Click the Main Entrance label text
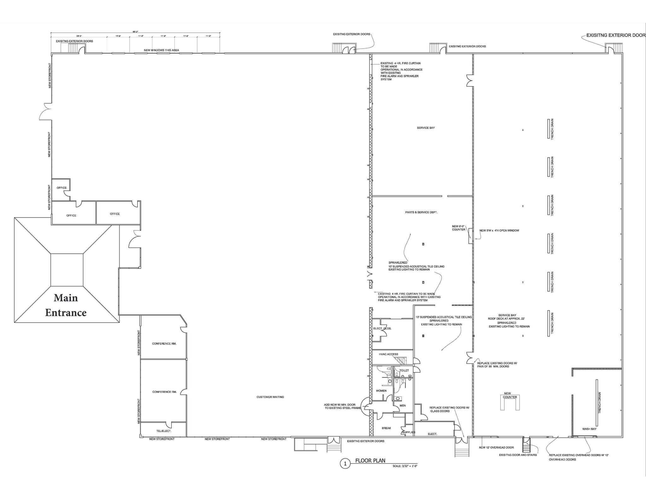pyautogui.click(x=66, y=305)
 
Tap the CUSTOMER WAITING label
pyautogui.click(x=270, y=397)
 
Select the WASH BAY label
pyautogui.click(x=589, y=429)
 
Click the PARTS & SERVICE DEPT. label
pyautogui.click(x=421, y=212)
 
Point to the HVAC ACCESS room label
pyautogui.click(x=388, y=354)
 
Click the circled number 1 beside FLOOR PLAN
pyautogui.click(x=345, y=464)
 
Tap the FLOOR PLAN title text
pyautogui.click(x=370, y=461)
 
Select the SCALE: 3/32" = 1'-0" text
pyautogui.click(x=405, y=466)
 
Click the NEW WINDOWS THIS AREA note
pyautogui.click(x=161, y=50)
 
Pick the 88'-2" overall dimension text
pyautogui.click(x=135, y=32)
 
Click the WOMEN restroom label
pyautogui.click(x=381, y=391)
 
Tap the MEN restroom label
pyautogui.click(x=402, y=406)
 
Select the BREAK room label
pyautogui.click(x=386, y=428)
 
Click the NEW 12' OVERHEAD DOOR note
pyautogui.click(x=496, y=448)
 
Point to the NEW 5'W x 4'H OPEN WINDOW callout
pyautogui.click(x=499, y=230)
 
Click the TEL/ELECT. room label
pyautogui.click(x=164, y=431)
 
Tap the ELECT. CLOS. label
pyautogui.click(x=382, y=328)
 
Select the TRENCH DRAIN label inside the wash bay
pyautogui.click(x=600, y=403)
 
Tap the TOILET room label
pyautogui.click(x=404, y=370)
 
